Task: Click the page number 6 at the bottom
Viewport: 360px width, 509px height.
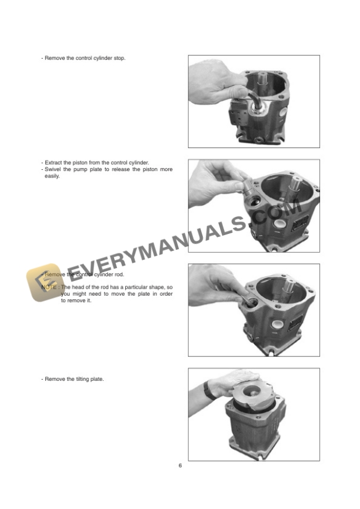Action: [x=180, y=466]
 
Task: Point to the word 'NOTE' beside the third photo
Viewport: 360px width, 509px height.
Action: [x=49, y=287]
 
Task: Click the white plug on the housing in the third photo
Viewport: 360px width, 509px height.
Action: [x=275, y=323]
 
